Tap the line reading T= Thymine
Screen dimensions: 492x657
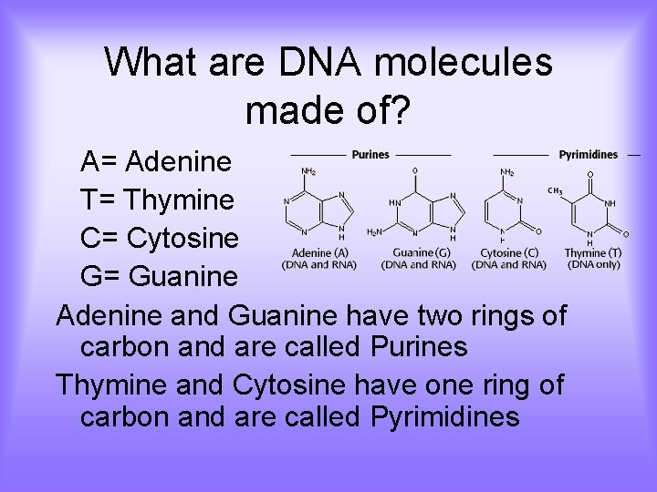[157, 200]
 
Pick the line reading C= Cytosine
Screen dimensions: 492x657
[160, 238]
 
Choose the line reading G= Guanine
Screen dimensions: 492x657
[159, 275]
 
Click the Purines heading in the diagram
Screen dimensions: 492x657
[370, 154]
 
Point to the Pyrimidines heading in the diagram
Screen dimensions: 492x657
[588, 154]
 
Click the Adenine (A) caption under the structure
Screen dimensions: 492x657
[320, 252]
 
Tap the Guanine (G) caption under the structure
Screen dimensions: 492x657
[420, 252]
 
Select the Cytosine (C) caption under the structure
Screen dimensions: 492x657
[508, 252]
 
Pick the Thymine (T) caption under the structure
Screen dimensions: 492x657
[593, 252]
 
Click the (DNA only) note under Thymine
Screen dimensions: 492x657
[593, 264]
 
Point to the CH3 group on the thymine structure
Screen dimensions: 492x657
[554, 191]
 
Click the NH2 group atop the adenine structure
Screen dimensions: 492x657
[309, 170]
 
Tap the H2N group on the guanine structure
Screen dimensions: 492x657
[374, 232]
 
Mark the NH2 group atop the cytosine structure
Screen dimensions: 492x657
[506, 171]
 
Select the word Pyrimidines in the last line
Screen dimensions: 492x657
[445, 417]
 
